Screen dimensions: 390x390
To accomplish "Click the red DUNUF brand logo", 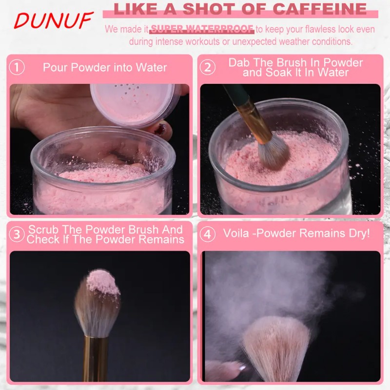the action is pos(53,20).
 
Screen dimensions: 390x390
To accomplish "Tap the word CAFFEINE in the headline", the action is pos(320,9).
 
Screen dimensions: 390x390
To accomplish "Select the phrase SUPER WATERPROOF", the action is pos(202,29).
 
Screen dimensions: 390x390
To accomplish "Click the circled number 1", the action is pos(17,67).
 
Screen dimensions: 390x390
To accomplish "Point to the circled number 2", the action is pos(207,67).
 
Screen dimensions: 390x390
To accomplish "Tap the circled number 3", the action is pos(17,234).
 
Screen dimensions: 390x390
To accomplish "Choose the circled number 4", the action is pos(207,234).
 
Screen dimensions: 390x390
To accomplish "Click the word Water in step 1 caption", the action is pos(151,68).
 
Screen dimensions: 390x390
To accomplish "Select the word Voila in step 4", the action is pos(236,234).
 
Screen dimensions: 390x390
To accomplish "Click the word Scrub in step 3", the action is pos(43,230).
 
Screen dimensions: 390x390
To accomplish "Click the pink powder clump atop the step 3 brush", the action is pos(103,282).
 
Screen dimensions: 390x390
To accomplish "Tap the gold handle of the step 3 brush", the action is pos(96,358).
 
